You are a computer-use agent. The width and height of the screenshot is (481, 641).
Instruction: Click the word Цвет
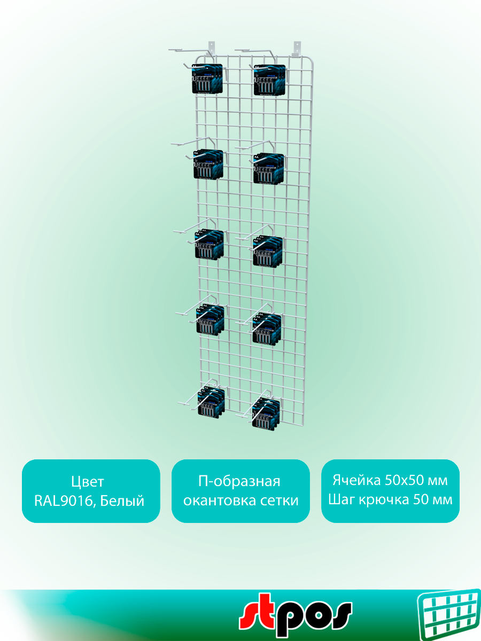pyautogui.click(x=88, y=482)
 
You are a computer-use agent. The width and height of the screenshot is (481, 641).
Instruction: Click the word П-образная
pyautogui.click(x=239, y=482)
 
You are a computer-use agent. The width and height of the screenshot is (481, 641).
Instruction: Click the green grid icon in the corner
pyautogui.click(x=448, y=614)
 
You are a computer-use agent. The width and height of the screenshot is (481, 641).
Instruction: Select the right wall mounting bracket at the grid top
pyautogui.click(x=296, y=48)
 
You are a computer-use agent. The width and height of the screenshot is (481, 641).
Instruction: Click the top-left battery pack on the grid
pyautogui.click(x=207, y=79)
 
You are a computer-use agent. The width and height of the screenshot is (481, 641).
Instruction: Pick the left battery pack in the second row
pyautogui.click(x=208, y=165)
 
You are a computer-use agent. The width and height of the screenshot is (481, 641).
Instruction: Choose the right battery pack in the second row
pyautogui.click(x=269, y=168)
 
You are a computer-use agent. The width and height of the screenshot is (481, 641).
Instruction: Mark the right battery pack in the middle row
pyautogui.click(x=268, y=252)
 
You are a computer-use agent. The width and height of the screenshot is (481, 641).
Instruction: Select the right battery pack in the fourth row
pyautogui.click(x=267, y=328)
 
